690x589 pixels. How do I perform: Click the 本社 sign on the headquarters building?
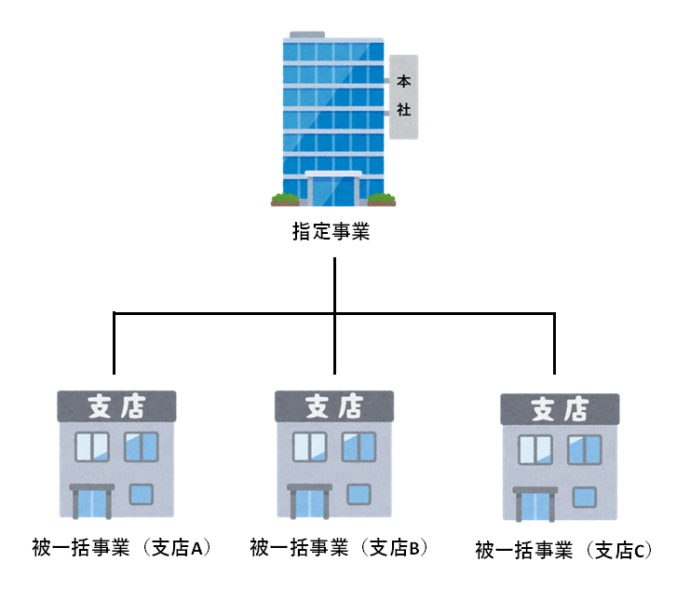[403, 96]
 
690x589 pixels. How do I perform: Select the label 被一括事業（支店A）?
[116, 547]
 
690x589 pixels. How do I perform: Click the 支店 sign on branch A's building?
[115, 406]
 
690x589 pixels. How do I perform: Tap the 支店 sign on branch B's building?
[333, 406]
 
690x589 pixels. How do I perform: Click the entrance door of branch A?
[92, 503]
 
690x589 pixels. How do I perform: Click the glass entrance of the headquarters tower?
[332, 190]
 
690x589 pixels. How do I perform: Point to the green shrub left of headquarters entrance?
[285, 198]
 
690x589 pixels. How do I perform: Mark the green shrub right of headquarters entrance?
[381, 198]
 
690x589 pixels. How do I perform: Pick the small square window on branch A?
[142, 494]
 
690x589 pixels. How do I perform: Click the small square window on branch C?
[585, 497]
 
